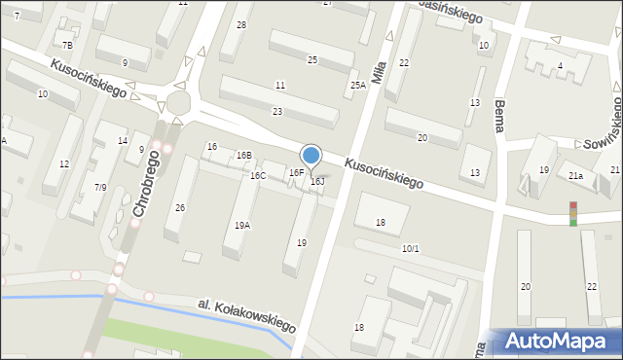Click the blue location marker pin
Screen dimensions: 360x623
(311, 156)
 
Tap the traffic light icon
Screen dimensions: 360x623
(573, 213)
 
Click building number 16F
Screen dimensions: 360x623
(296, 172)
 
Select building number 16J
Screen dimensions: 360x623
(317, 181)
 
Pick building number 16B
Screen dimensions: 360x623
(243, 155)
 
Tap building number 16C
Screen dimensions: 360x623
(257, 175)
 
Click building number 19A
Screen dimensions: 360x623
(242, 225)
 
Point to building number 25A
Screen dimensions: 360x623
(358, 86)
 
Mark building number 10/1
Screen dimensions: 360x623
(410, 248)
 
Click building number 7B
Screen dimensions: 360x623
(67, 46)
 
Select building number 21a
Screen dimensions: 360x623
(576, 175)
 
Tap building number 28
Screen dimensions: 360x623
(241, 24)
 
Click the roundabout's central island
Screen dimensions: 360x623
(177, 102)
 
